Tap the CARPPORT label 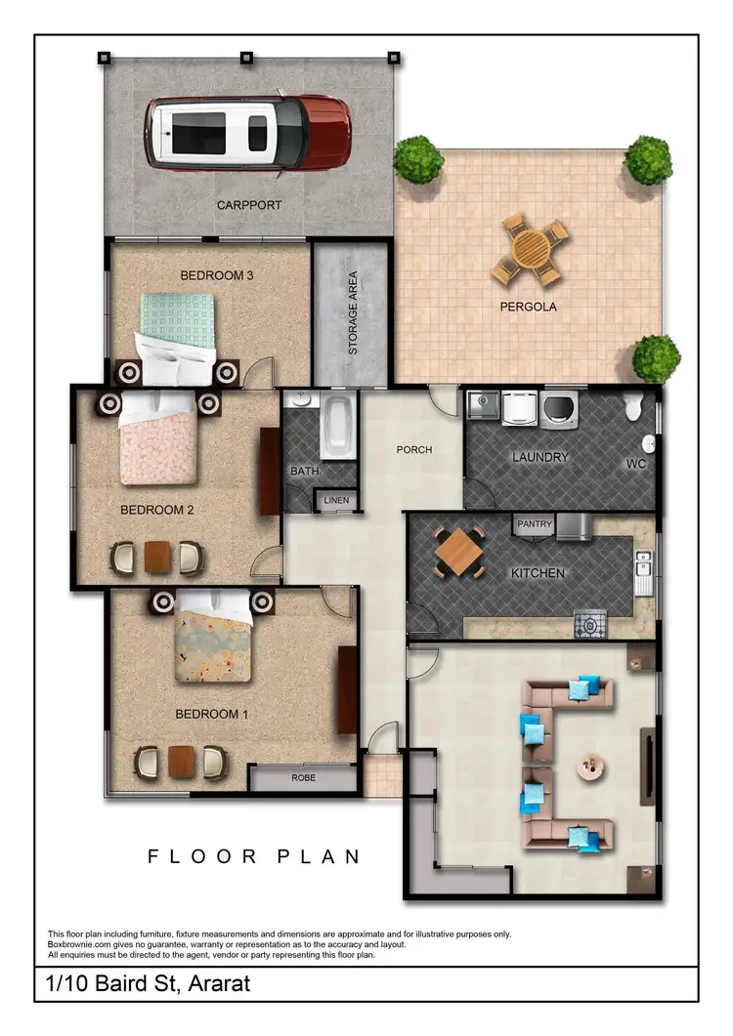(248, 205)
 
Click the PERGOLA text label (529, 307)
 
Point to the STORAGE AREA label (353, 312)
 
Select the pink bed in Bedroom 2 (158, 438)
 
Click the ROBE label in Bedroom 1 (303, 778)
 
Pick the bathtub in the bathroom (338, 428)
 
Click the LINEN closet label (335, 501)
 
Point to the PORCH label (413, 450)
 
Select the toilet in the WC (634, 404)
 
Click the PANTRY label (535, 524)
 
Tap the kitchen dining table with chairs (459, 554)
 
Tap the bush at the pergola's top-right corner (648, 159)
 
